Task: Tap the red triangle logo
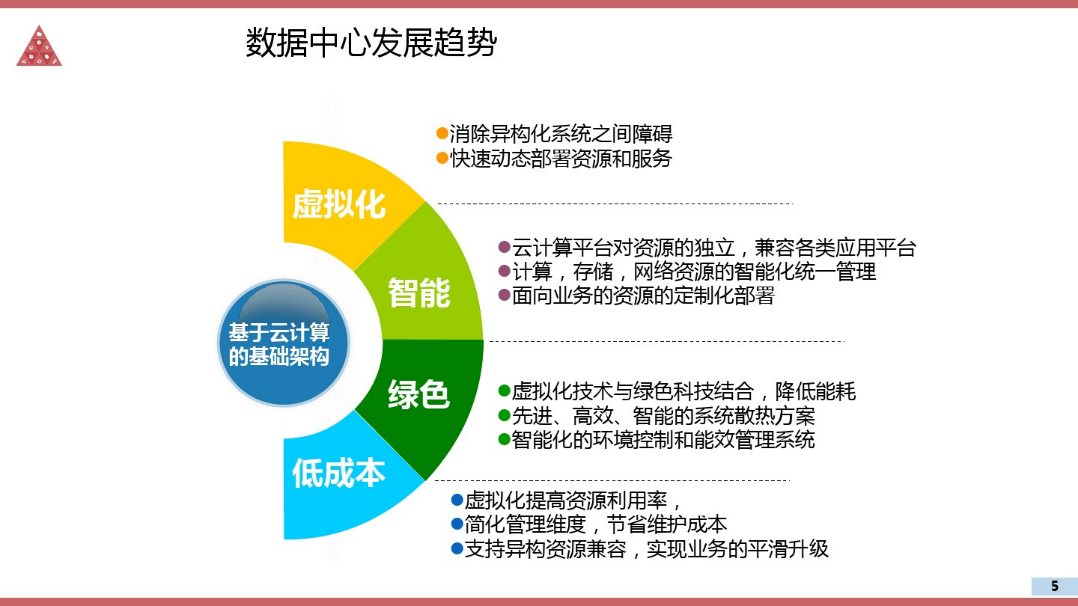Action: (39, 47)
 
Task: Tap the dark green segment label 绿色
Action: (419, 394)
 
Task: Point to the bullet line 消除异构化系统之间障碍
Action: (561, 134)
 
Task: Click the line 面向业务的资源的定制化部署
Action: (643, 295)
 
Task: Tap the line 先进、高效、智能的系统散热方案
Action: (663, 416)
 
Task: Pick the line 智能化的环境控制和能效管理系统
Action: (663, 440)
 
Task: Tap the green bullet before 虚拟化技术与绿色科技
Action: (504, 391)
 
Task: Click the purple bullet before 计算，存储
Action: (504, 271)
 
